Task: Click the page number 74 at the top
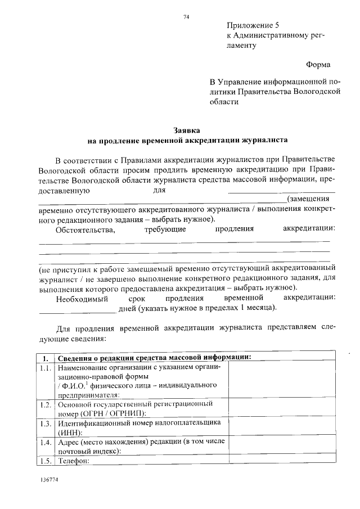tap(186, 17)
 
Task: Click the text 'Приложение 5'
tap(253, 26)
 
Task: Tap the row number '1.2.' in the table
tap(46, 404)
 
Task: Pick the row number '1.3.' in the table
tap(46, 423)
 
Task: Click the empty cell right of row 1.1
tap(281, 380)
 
